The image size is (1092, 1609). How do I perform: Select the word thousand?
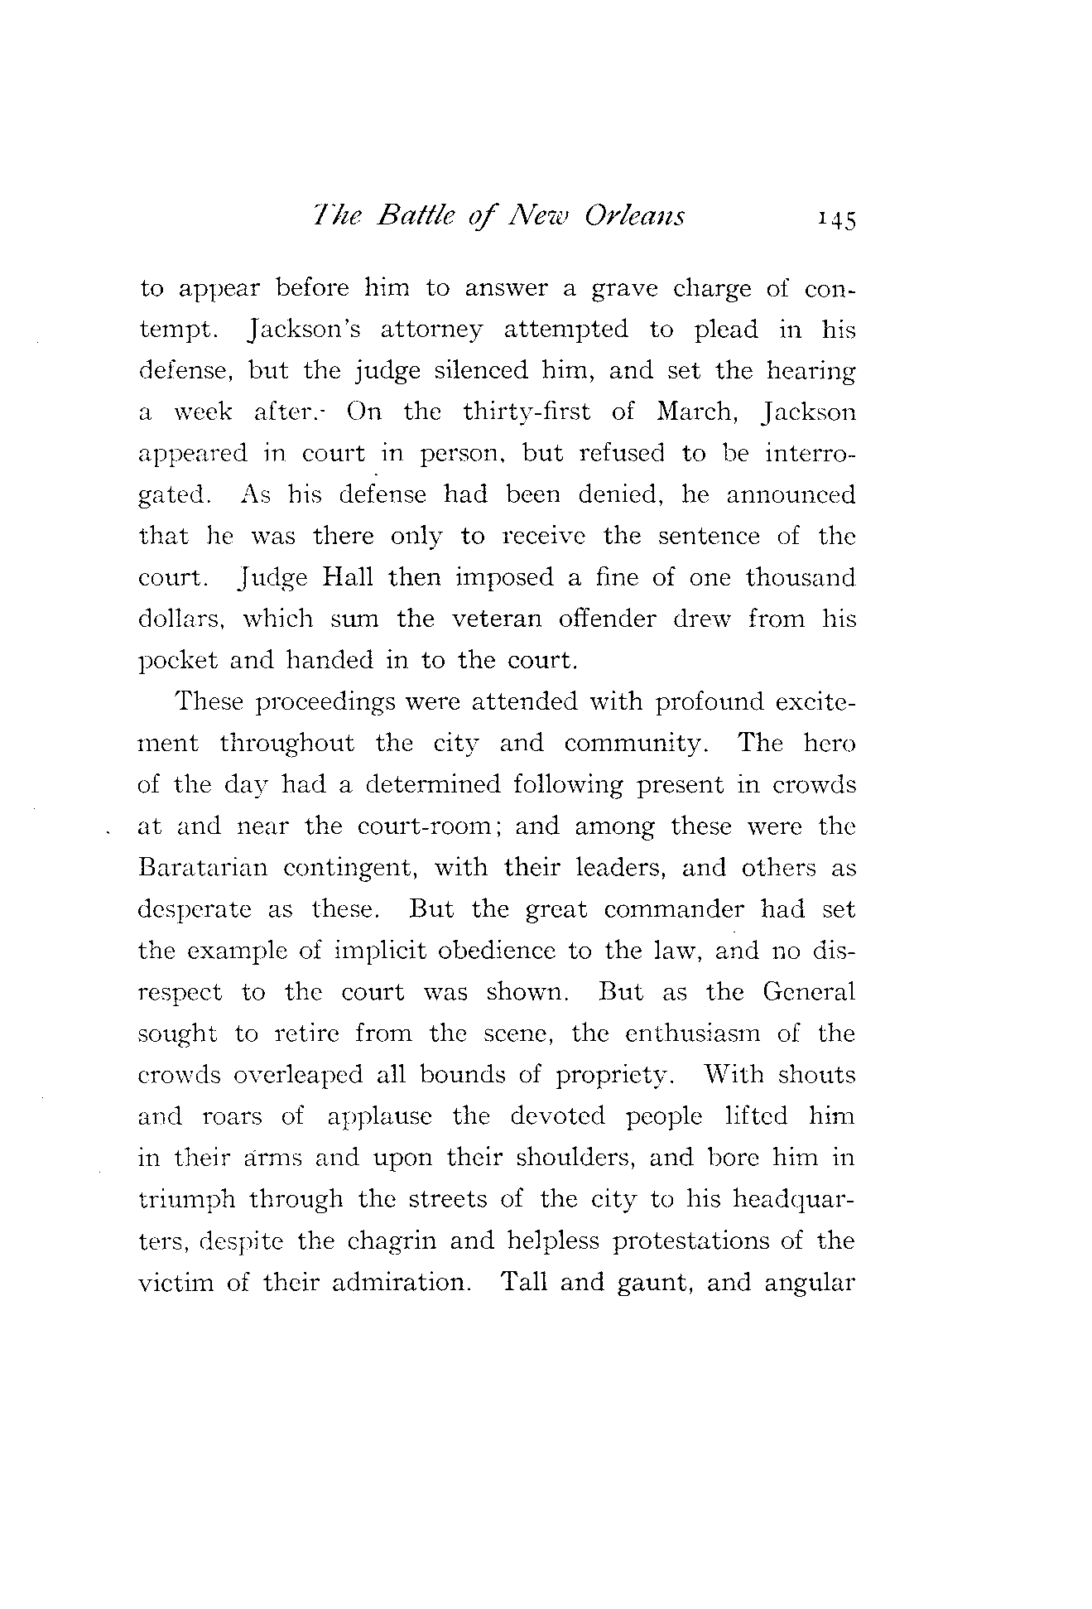click(x=800, y=577)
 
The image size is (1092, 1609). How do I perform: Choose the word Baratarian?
click(x=203, y=868)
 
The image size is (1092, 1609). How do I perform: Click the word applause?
click(x=379, y=1117)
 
